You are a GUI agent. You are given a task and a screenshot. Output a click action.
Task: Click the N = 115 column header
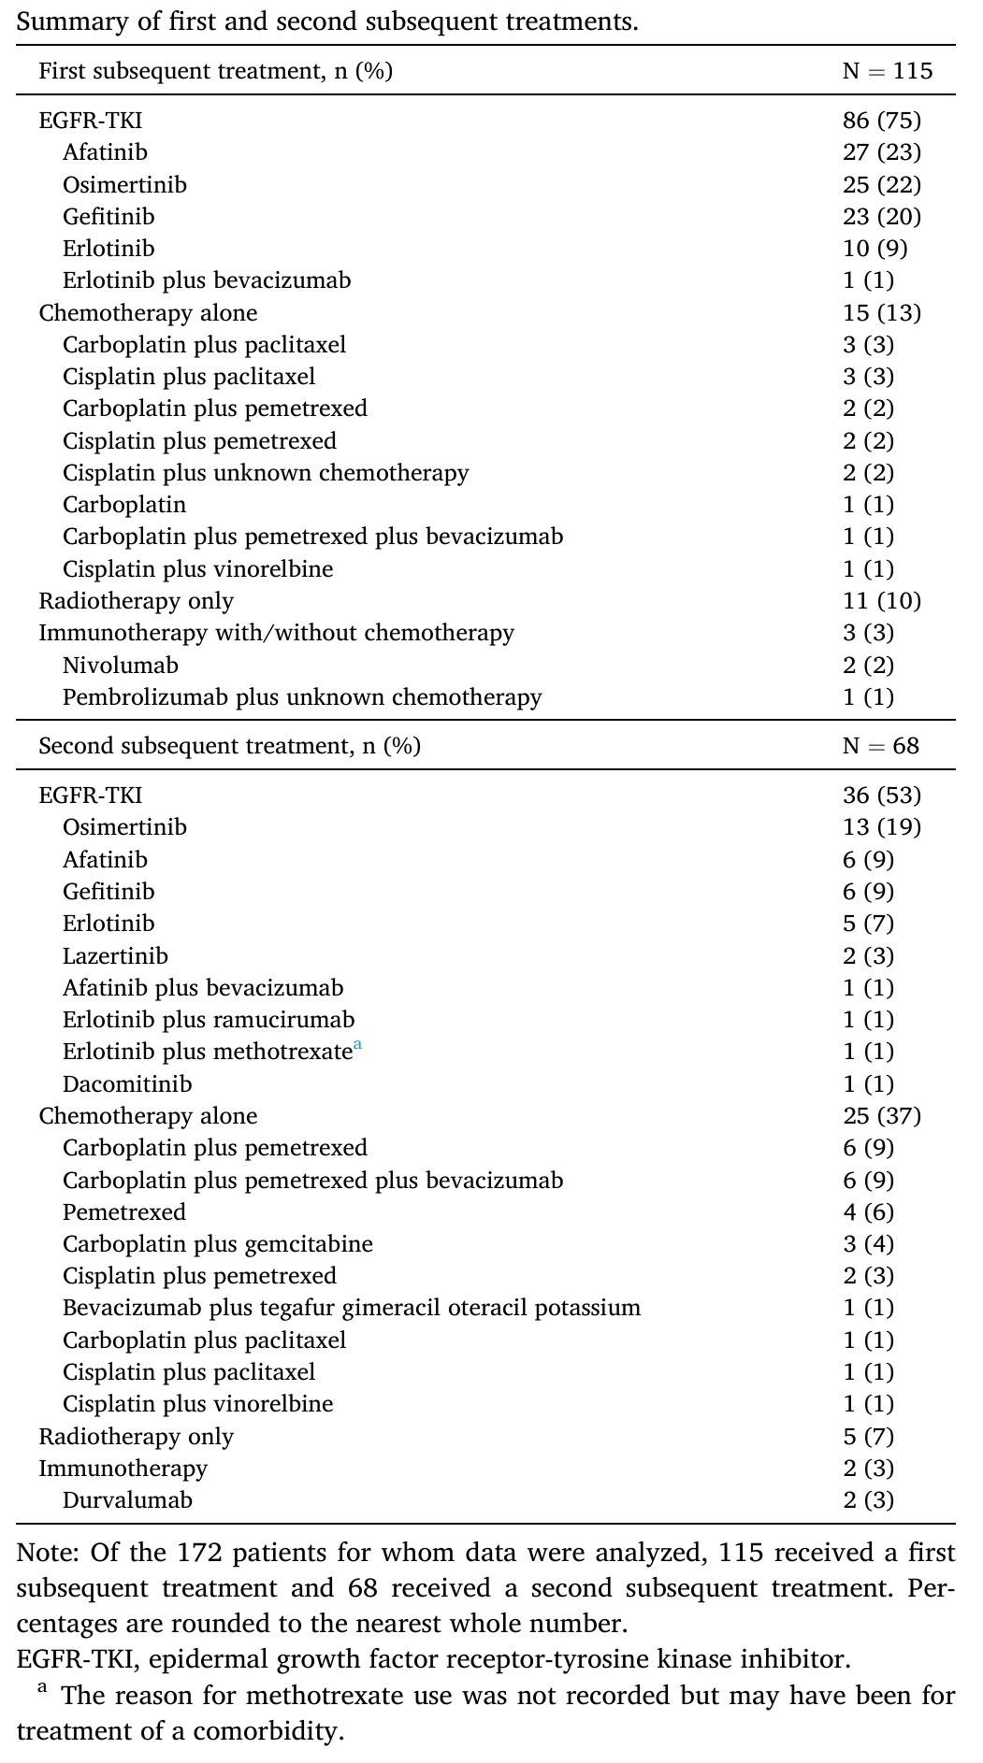pos(887,71)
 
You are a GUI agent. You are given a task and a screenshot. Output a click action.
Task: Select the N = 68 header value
pos(880,746)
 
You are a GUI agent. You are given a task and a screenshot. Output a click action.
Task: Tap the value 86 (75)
pos(881,120)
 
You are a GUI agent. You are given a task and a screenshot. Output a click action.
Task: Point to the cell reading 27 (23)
pos(881,152)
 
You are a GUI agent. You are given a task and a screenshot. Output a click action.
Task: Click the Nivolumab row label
pos(121,665)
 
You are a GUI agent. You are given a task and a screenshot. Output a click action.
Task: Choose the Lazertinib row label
pos(115,955)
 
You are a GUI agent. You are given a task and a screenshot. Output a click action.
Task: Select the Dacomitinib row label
pos(127,1083)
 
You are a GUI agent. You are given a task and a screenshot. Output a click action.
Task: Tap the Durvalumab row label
pos(127,1499)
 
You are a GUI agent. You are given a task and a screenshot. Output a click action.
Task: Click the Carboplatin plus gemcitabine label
pos(218,1243)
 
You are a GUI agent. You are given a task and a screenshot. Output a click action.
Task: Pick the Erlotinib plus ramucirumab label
pos(209,1019)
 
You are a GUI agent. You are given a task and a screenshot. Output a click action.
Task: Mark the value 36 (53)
pos(881,795)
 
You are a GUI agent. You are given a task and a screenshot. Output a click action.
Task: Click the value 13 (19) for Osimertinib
pos(881,827)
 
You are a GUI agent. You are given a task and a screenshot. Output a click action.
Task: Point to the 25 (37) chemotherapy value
pos(881,1115)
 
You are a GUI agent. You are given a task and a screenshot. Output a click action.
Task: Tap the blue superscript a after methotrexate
pos(357,1046)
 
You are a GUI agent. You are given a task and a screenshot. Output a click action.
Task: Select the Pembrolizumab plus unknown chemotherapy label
pos(302,697)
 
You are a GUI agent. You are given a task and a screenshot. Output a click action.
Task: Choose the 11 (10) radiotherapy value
pos(881,600)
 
